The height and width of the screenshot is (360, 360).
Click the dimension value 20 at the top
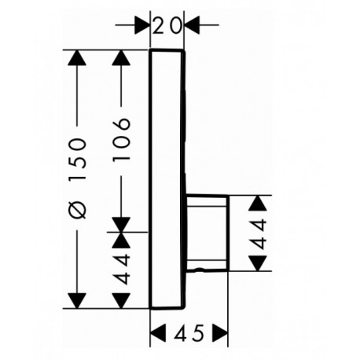167,25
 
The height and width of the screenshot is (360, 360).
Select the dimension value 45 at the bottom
190,333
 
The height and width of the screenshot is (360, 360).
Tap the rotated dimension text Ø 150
77,178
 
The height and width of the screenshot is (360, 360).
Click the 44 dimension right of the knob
258,234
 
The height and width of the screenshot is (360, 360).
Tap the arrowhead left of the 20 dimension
141,25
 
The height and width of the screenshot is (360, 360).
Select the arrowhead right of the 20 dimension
192,25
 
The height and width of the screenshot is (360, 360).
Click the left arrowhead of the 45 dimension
158,332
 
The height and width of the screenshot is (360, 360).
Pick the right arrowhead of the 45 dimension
220,332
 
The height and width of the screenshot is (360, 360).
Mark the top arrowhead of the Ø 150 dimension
77,57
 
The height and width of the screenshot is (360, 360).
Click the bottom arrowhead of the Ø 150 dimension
77,301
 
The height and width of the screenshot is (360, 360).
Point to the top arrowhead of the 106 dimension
121,57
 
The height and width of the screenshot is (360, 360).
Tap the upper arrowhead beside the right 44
258,203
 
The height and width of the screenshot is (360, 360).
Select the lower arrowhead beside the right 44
258,263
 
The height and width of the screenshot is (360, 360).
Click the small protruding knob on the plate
207,233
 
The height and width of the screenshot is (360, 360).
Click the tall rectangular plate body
167,179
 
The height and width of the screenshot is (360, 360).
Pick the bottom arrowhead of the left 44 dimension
121,301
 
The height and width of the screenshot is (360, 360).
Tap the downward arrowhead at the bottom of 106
121,225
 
